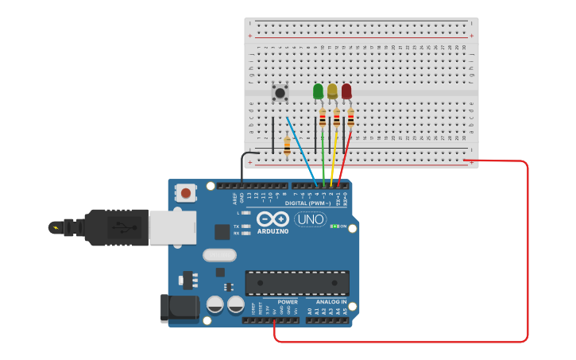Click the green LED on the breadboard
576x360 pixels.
[x=318, y=92]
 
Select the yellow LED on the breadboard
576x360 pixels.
[x=332, y=92]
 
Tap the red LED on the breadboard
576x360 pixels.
[x=346, y=92]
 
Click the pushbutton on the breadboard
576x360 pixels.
[x=280, y=93]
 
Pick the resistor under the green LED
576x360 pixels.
[x=323, y=118]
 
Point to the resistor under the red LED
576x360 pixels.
[x=350, y=118]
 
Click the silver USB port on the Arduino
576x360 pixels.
[x=172, y=227]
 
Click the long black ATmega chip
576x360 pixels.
[x=297, y=283]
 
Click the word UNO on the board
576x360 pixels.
[x=310, y=219]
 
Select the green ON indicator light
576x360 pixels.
[x=334, y=226]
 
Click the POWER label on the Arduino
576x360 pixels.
[x=288, y=302]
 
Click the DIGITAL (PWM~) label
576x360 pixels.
[x=308, y=203]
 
